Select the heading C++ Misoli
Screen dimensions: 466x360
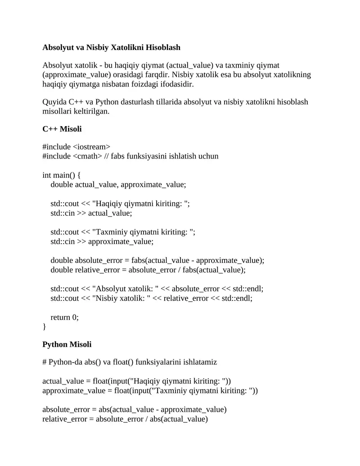pos(62,129)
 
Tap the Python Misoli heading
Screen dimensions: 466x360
pos(67,344)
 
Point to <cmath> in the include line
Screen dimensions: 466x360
pos(87,156)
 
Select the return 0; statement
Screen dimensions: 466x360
pos(64,317)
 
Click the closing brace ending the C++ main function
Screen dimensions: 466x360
pos(44,326)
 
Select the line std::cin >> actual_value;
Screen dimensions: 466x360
pos(91,213)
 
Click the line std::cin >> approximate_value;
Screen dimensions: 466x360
pos(102,241)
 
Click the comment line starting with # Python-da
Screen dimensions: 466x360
pos(130,362)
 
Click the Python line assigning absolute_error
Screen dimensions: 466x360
pos(134,410)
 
